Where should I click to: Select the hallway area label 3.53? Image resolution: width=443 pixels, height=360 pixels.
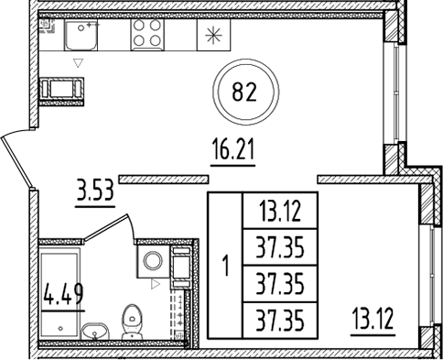pyautogui.click(x=95, y=192)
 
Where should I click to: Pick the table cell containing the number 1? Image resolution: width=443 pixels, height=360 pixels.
pyautogui.click(x=224, y=267)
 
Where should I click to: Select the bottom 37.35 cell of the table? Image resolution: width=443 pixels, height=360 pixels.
pyautogui.click(x=279, y=320)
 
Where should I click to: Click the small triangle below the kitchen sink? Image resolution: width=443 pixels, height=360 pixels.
pyautogui.click(x=79, y=63)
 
